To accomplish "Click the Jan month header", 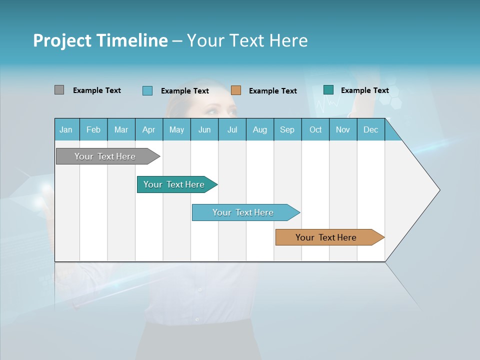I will [x=66, y=129].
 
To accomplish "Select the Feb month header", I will [x=93, y=129].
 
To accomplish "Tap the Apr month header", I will [x=148, y=129].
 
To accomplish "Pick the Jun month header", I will [x=204, y=129].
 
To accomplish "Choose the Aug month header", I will [x=259, y=129].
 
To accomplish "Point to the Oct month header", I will [x=315, y=129].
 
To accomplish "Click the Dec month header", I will [x=370, y=129].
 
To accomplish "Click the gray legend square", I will [x=59, y=90].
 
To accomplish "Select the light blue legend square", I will [x=147, y=90].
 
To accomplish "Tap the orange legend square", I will [x=236, y=90].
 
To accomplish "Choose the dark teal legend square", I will [x=328, y=90].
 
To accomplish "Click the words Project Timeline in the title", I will [x=100, y=40].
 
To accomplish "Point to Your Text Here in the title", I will [x=247, y=40].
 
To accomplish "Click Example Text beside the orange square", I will [x=272, y=91].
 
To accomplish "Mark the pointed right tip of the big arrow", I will [x=439, y=190].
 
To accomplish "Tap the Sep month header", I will [x=287, y=129].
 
